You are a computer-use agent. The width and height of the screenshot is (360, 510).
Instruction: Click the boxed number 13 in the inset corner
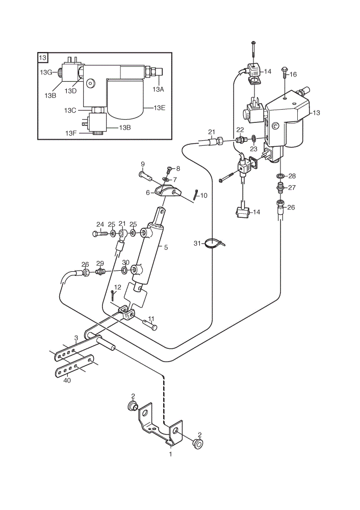tap(43, 58)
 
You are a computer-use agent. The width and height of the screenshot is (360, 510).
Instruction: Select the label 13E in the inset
tap(160, 108)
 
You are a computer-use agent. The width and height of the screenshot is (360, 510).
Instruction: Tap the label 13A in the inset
tap(158, 89)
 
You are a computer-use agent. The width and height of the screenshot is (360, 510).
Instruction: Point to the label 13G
tap(46, 72)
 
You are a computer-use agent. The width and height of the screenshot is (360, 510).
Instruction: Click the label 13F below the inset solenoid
tap(71, 133)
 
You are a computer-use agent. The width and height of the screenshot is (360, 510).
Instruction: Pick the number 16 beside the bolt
tap(293, 74)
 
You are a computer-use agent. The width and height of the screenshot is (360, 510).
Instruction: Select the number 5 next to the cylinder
tap(166, 247)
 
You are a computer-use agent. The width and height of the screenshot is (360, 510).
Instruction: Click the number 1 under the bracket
tap(170, 454)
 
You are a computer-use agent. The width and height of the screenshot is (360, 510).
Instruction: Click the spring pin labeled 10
tap(196, 195)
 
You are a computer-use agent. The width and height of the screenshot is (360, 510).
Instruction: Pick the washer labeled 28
tap(280, 176)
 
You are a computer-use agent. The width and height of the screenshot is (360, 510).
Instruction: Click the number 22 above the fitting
tap(240, 130)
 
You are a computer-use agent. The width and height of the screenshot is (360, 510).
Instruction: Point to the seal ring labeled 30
tap(124, 270)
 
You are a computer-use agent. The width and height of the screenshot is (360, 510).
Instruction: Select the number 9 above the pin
tap(142, 164)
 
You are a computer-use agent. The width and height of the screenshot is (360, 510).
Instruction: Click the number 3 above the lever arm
tap(76, 338)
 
